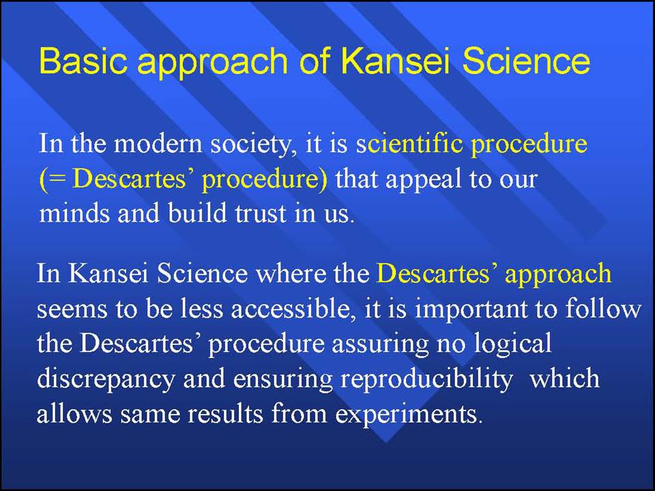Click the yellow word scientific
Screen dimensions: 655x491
coord(409,144)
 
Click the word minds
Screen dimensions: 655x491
coord(74,213)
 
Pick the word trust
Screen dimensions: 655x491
coord(261,213)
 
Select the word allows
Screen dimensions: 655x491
coord(74,414)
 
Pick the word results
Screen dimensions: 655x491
coord(225,415)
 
